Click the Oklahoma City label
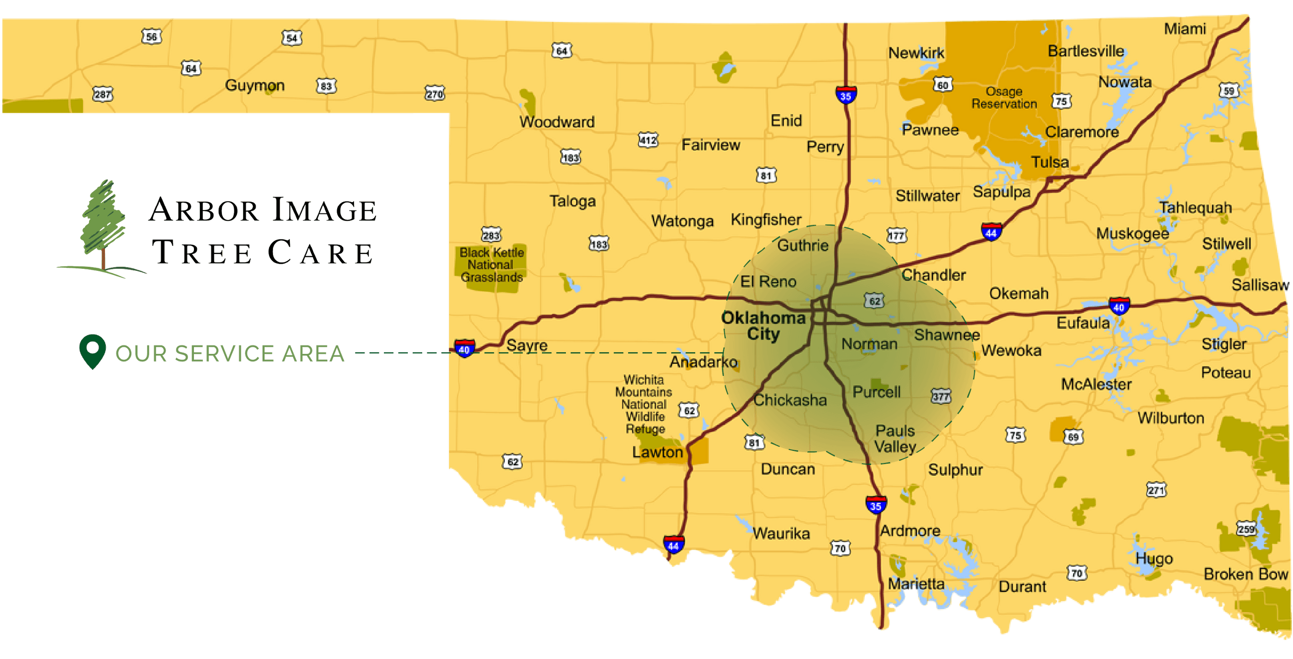763,326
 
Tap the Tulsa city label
1049,162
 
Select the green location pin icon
92,350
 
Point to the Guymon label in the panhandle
255,86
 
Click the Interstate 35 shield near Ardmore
876,504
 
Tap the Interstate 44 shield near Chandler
991,231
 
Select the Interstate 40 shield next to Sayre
464,348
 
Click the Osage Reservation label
1004,98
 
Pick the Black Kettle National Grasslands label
491,265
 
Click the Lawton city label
657,452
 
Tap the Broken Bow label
1245,574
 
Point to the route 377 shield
940,396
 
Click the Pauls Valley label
895,439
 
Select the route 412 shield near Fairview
647,140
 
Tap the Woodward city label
556,122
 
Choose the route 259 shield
1246,529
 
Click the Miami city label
1185,29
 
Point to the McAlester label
1096,385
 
